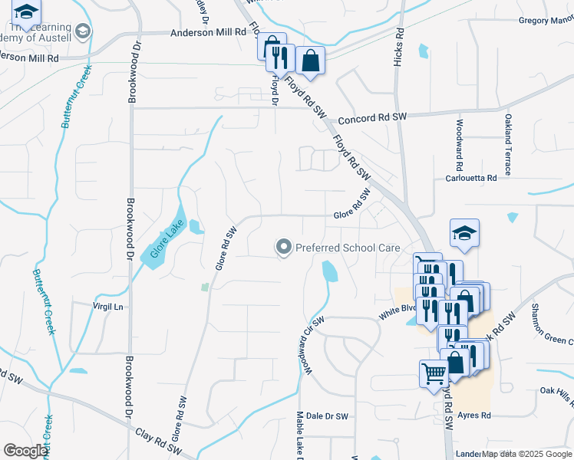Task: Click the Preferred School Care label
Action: pyautogui.click(x=348, y=248)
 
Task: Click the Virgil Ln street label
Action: pyautogui.click(x=108, y=307)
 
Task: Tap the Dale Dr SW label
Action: pyautogui.click(x=327, y=416)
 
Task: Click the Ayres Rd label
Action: pyautogui.click(x=473, y=416)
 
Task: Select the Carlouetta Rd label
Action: pyautogui.click(x=471, y=177)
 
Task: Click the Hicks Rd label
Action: pyautogui.click(x=399, y=48)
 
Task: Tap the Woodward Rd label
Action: pyautogui.click(x=459, y=145)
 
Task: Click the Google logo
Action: pyautogui.click(x=25, y=451)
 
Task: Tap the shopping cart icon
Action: pyautogui.click(x=434, y=373)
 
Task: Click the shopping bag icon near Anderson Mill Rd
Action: pyautogui.click(x=310, y=61)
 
